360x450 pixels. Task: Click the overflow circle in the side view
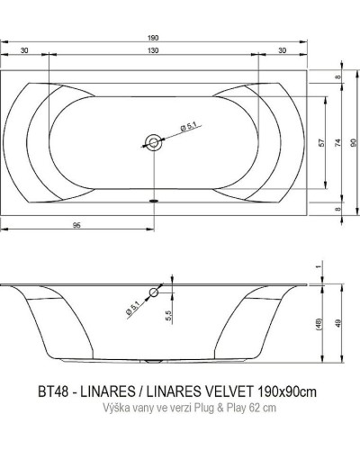[155, 293]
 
